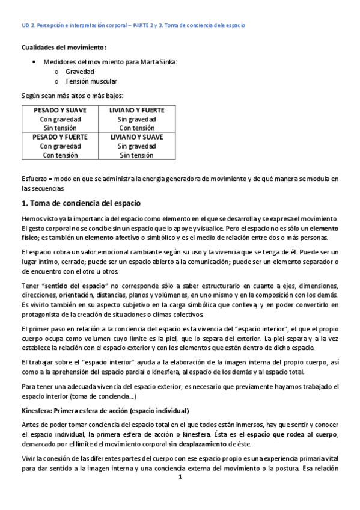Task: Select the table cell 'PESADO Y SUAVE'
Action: tap(60, 110)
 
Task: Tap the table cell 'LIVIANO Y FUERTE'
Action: tap(136, 110)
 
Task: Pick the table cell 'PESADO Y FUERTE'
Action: tap(60, 137)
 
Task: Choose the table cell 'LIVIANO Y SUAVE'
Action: tap(136, 137)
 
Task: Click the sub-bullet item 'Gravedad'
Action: tap(78, 71)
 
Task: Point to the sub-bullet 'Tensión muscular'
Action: tap(91, 81)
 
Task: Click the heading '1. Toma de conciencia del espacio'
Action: tap(81, 203)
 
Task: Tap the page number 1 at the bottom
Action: tap(180, 477)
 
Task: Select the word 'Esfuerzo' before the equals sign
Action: tap(34, 179)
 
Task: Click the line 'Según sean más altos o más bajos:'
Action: tap(72, 95)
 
